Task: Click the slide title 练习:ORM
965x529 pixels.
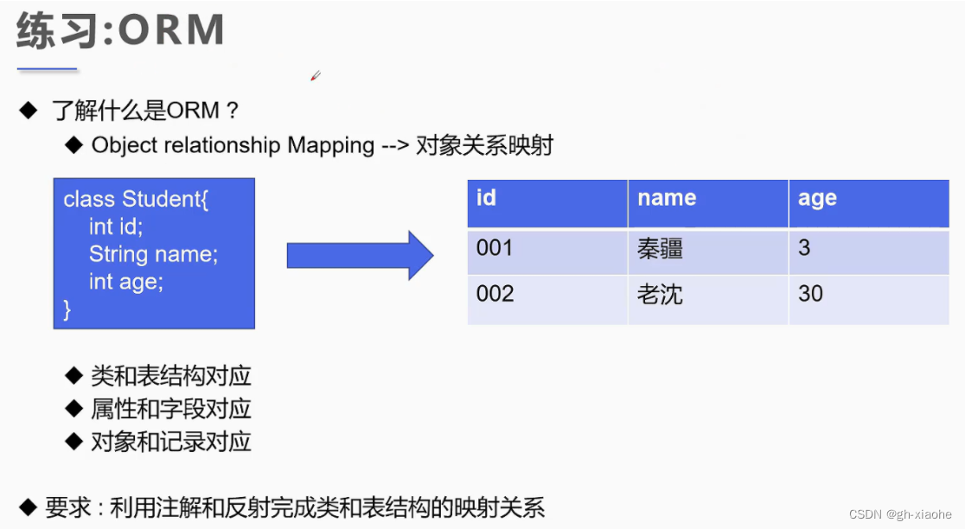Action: [120, 32]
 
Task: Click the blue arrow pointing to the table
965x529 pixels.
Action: [360, 255]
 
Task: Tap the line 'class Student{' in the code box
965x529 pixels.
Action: [136, 200]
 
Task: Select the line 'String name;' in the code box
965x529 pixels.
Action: [153, 255]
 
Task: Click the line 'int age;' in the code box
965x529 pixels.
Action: [125, 282]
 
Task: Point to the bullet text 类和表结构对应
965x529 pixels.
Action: [170, 376]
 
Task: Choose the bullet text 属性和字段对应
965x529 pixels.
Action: [170, 409]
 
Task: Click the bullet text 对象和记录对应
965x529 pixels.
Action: [170, 442]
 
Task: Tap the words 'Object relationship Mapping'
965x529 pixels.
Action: [233, 145]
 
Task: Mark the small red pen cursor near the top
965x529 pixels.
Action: [316, 76]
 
